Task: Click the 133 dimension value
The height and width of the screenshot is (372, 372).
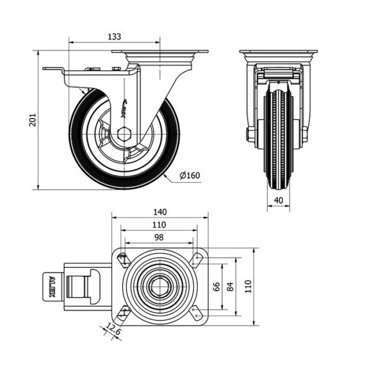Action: tap(114, 37)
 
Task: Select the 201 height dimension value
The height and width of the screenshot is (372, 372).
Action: tap(33, 120)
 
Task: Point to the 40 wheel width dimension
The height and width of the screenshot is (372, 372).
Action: tap(278, 200)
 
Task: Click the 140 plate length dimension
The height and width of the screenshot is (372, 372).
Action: tap(159, 211)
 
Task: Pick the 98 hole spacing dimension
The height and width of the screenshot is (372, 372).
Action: tap(159, 237)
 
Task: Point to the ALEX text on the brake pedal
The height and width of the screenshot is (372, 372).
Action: tap(52, 286)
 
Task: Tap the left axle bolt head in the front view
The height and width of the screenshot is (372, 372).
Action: tap(250, 135)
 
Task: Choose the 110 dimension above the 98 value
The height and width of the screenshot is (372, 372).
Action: tap(159, 224)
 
